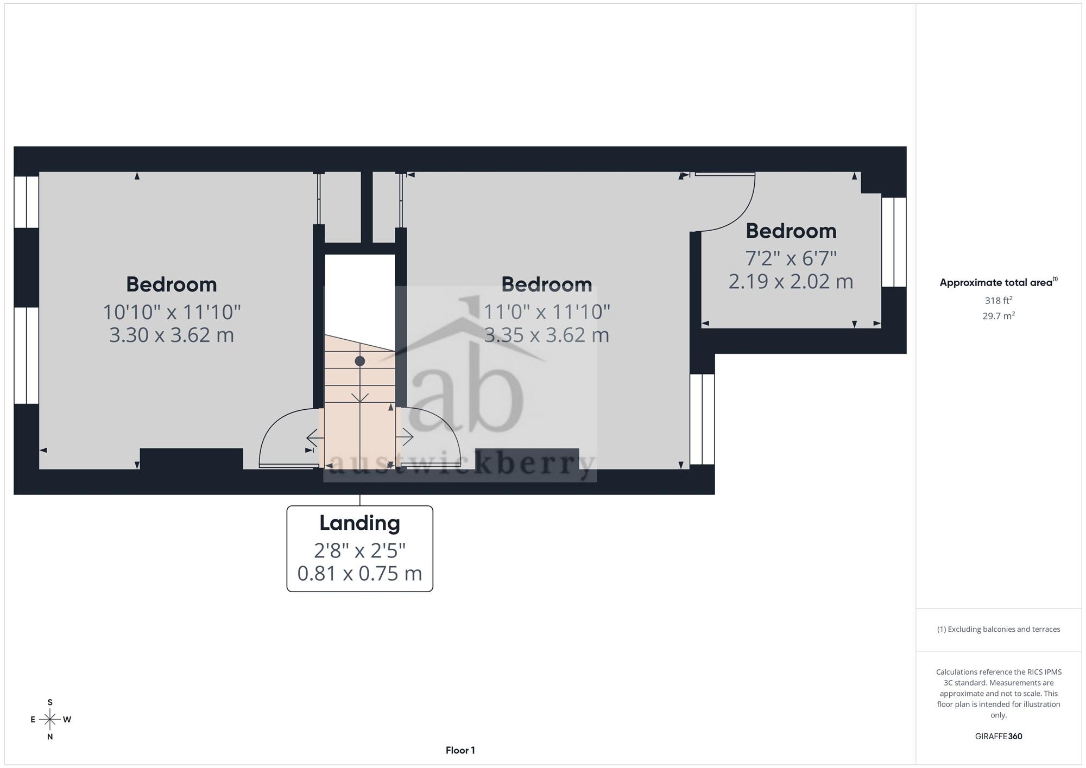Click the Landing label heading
(359, 523)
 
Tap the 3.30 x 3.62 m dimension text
(172, 335)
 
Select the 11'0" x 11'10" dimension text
(547, 312)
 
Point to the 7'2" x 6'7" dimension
(791, 258)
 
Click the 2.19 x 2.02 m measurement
(791, 282)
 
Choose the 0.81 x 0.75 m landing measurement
(359, 573)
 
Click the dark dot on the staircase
(359, 361)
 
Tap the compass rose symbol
(50, 720)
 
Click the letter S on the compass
(50, 702)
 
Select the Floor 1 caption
(460, 750)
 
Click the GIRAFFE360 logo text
(998, 737)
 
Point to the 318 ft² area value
(998, 300)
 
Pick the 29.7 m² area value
(998, 316)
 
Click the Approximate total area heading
(998, 282)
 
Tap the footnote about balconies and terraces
(998, 629)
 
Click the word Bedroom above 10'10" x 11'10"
(172, 284)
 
